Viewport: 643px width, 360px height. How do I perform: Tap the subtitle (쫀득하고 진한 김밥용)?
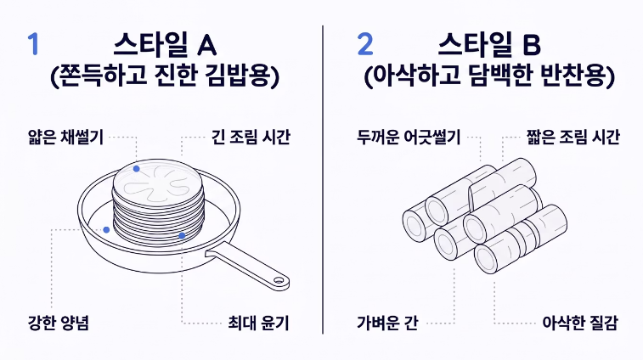[165, 79]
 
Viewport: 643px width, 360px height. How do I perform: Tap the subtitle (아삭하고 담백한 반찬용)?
[488, 79]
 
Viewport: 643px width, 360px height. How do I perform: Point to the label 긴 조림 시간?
[251, 136]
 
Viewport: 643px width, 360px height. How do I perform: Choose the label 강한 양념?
[58, 323]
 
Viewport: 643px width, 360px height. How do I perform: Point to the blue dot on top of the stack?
[137, 169]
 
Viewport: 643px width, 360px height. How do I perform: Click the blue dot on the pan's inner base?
[106, 229]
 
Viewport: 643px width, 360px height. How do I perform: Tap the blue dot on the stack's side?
[182, 235]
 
